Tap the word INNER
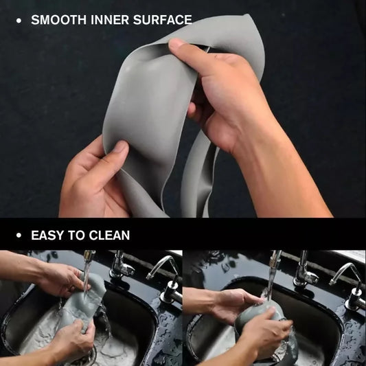(106, 21)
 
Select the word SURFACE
(163, 21)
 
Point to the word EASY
(48, 236)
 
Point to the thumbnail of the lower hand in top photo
(119, 147)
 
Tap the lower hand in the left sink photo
(69, 340)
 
